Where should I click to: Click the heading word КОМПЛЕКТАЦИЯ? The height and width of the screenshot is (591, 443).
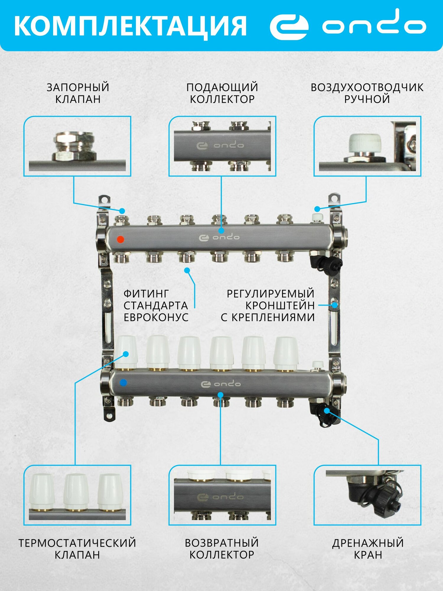click(130, 26)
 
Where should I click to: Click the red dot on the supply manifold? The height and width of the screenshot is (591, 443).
click(120, 239)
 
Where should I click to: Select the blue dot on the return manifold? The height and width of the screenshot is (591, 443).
click(123, 383)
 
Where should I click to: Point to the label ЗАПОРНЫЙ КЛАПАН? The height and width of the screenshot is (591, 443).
click(78, 93)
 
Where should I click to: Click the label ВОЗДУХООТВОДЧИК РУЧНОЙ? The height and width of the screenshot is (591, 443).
click(367, 93)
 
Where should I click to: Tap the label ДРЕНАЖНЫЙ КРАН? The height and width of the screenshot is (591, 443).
click(368, 549)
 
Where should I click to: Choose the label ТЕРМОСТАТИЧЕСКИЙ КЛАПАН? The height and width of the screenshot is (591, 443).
click(77, 549)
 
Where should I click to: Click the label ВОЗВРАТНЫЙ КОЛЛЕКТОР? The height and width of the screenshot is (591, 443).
click(222, 549)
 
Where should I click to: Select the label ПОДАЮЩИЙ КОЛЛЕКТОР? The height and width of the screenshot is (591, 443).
click(222, 93)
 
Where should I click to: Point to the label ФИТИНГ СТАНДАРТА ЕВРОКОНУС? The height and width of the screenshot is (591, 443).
click(156, 305)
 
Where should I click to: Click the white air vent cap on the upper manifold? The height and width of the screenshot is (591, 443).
click(317, 218)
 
